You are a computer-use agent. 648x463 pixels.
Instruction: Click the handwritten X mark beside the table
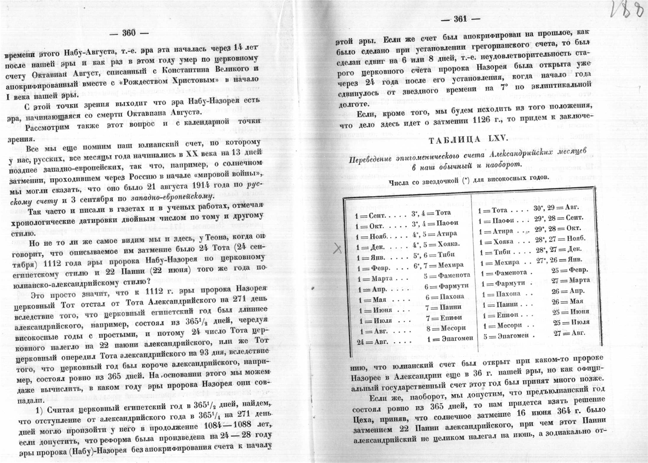tap(338, 249)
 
